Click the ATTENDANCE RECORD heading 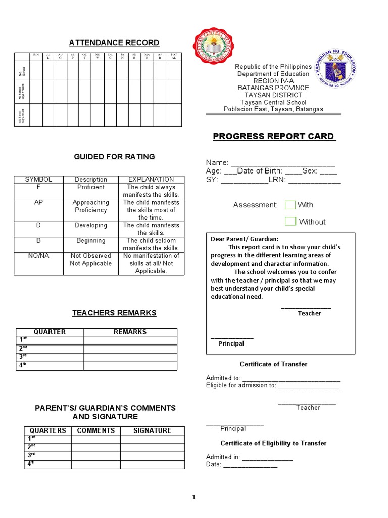[x=114, y=42]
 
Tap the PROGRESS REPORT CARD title [x=273, y=136]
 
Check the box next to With [x=290, y=205]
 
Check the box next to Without [x=290, y=221]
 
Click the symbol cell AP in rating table [x=38, y=202]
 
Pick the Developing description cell [x=91, y=225]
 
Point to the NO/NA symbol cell [x=38, y=256]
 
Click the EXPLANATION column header [x=151, y=179]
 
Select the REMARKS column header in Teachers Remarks [x=130, y=332]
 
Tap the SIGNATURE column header [x=152, y=430]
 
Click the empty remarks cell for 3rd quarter [x=130, y=357]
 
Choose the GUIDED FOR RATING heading [x=114, y=157]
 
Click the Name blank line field [x=283, y=163]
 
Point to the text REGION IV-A [x=273, y=81]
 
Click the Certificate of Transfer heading [x=273, y=364]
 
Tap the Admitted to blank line [x=291, y=378]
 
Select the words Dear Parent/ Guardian [x=245, y=239]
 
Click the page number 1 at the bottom [x=193, y=498]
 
